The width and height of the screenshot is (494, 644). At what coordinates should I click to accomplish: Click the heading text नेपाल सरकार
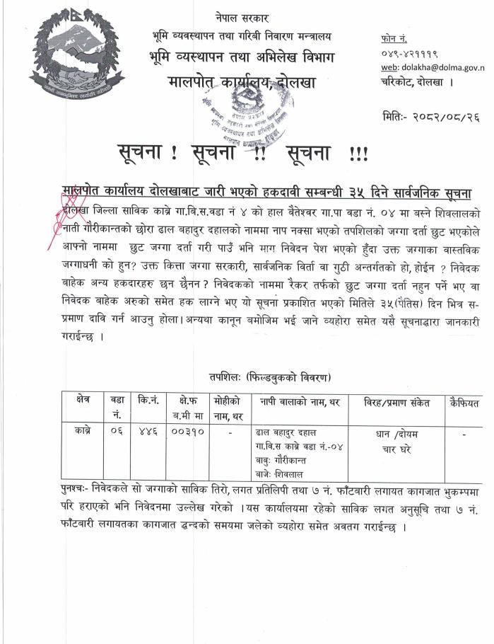click(239, 16)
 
